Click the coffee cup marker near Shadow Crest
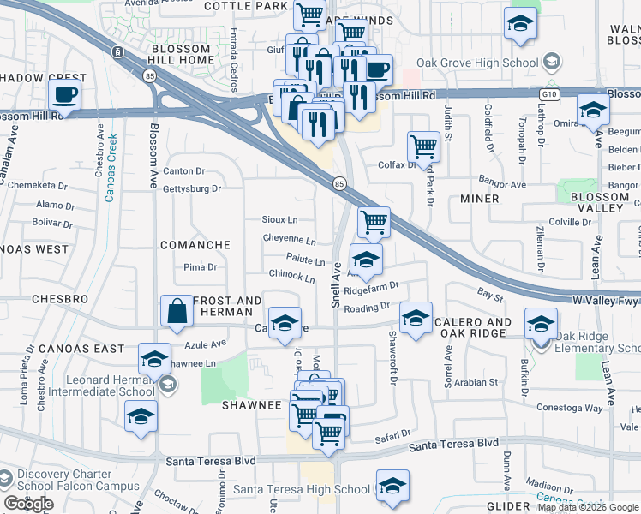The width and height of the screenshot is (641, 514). pyautogui.click(x=64, y=94)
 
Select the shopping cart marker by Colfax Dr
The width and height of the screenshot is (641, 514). pyautogui.click(x=423, y=147)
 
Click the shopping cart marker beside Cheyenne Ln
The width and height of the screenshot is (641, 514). pyautogui.click(x=374, y=223)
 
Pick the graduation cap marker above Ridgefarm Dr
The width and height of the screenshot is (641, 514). pyautogui.click(x=366, y=260)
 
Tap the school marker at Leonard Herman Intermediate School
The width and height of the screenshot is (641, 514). pyautogui.click(x=154, y=359)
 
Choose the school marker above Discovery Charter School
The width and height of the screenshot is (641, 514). pyautogui.click(x=141, y=417)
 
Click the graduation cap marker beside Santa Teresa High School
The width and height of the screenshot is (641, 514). pyautogui.click(x=392, y=487)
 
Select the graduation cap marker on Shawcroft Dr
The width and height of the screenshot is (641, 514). pyautogui.click(x=416, y=319)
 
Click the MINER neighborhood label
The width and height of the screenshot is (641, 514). pyautogui.click(x=479, y=199)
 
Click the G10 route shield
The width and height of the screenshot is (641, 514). pyautogui.click(x=549, y=93)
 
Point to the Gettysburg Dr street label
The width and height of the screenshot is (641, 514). pyautogui.click(x=192, y=188)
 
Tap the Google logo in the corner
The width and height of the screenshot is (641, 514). pyautogui.click(x=28, y=504)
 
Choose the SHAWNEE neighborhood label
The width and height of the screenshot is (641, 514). pyautogui.click(x=253, y=404)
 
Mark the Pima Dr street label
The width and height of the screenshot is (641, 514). pyautogui.click(x=201, y=267)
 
